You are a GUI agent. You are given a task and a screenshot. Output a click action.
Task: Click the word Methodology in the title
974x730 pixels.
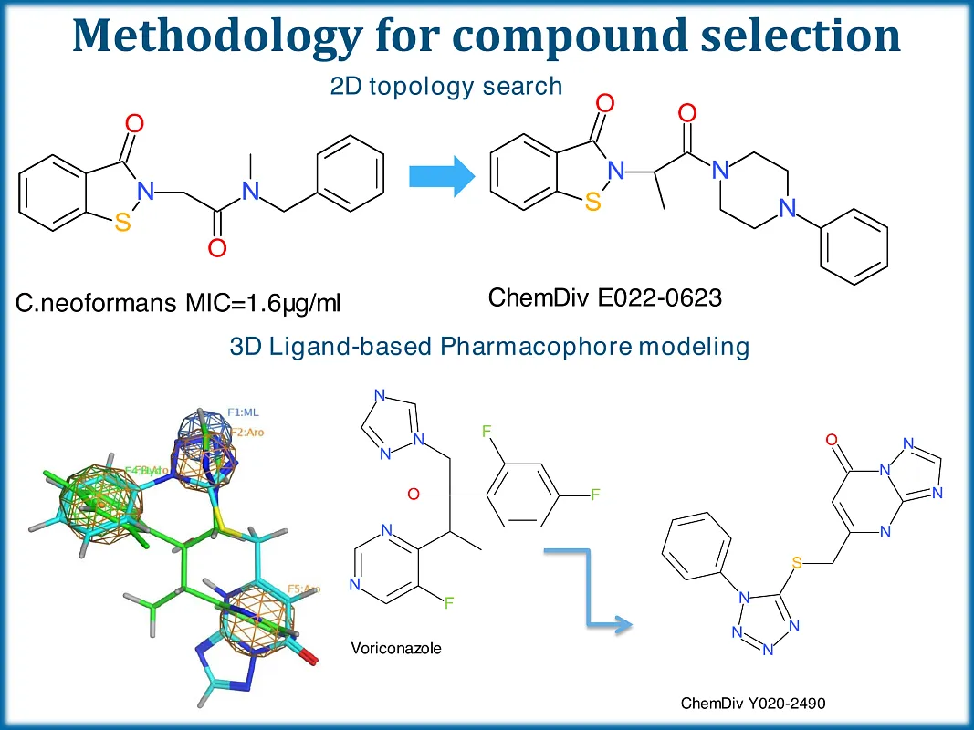[217, 36]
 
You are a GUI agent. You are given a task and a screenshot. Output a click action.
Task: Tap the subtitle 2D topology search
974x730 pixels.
[445, 87]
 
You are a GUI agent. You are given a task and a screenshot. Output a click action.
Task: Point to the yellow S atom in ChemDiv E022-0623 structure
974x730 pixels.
[593, 203]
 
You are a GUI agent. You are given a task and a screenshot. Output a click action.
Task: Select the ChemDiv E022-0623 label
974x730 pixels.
[605, 298]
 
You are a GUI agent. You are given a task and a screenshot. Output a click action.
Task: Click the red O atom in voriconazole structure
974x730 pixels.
[413, 495]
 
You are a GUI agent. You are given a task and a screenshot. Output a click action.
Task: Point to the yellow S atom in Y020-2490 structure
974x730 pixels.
[796, 563]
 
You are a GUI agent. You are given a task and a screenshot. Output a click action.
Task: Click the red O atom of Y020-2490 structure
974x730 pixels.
[832, 441]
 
